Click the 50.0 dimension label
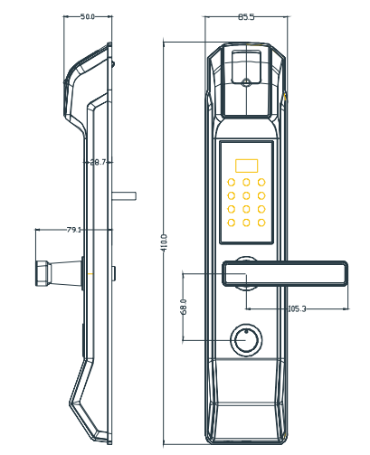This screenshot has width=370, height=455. pos(88,17)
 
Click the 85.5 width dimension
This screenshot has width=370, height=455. pos(246,17)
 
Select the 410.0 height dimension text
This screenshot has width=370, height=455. pos(164,243)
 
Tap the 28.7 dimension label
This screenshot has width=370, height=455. pos(98,162)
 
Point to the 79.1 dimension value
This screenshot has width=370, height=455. pos(74,230)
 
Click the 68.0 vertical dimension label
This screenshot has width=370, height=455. pos(184,307)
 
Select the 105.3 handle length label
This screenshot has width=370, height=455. pos(298,308)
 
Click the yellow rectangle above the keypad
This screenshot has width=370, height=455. pos(246,166)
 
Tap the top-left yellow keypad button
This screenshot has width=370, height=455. pos(232,182)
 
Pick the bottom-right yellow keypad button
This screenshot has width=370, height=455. pos(261,223)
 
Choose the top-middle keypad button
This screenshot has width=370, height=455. pos(246,182)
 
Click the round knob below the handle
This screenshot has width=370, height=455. pos(246,340)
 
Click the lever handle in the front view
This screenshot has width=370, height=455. pos(285,273)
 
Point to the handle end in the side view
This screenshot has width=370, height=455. pos(42,273)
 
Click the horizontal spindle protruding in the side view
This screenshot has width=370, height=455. pos(124,196)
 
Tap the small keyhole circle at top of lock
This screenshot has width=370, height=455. pos(247,82)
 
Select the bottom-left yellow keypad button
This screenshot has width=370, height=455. pos(232,223)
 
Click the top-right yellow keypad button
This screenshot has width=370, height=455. pos(261,182)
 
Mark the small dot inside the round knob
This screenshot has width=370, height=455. pos(246,332)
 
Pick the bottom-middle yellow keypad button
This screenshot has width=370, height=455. pos(246,223)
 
